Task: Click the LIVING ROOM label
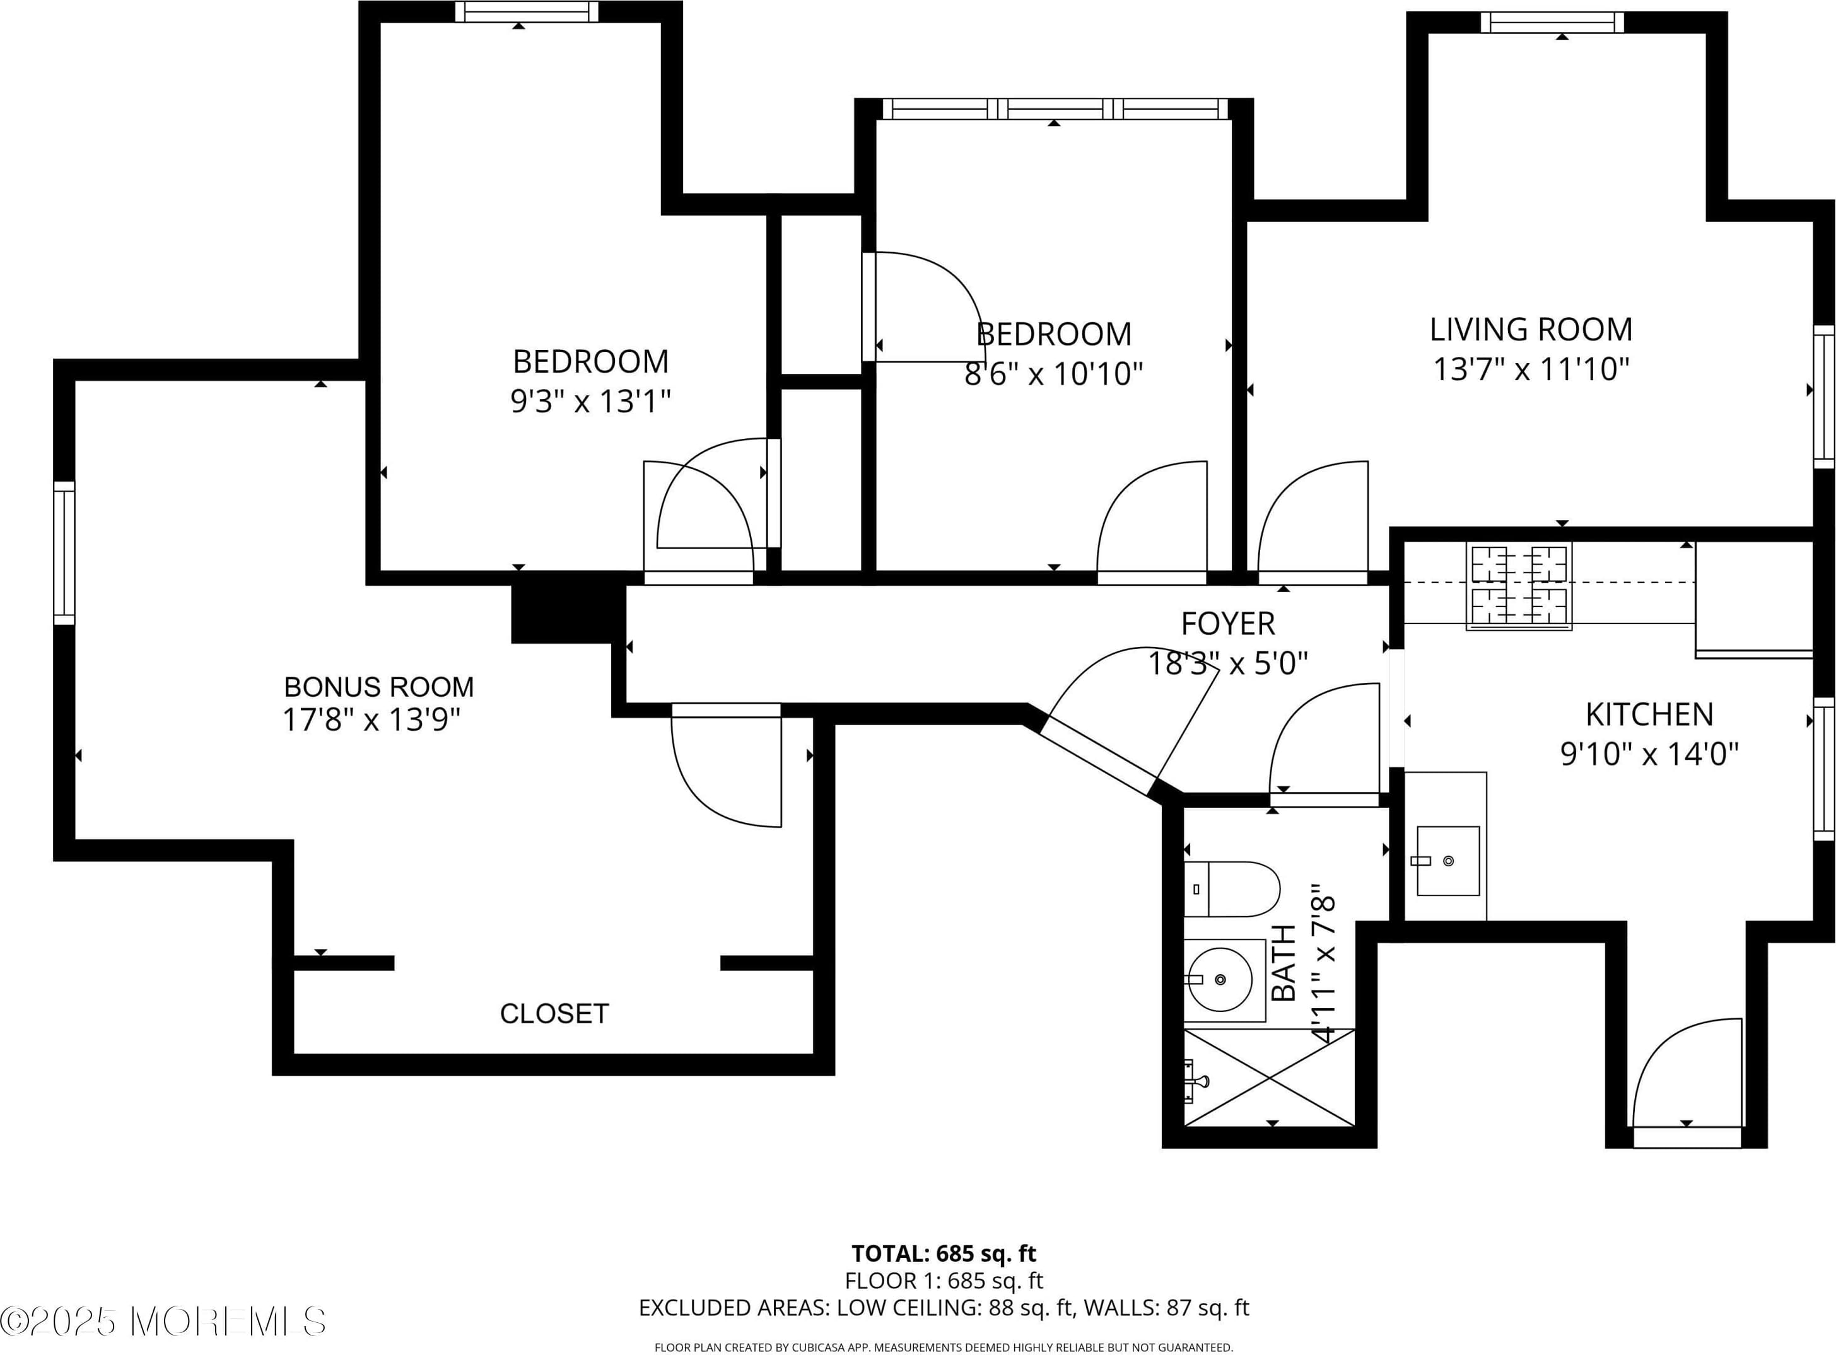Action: tap(1531, 330)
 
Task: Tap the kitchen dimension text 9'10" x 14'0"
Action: tap(1649, 753)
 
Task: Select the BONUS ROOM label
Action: tap(379, 687)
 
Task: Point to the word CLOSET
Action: tap(554, 1014)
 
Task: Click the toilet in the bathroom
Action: tap(1231, 889)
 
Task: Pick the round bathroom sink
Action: tap(1220, 979)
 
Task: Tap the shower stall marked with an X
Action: tap(1269, 1078)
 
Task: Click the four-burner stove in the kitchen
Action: tap(1519, 586)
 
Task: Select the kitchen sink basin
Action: tap(1448, 861)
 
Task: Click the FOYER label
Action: tap(1228, 624)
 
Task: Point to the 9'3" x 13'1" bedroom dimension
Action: tap(591, 401)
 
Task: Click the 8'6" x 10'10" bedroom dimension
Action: tap(1053, 374)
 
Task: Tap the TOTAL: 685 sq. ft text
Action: tap(944, 1253)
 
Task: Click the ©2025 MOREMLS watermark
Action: tap(163, 1320)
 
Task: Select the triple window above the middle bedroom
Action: tap(1055, 109)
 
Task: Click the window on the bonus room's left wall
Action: tap(64, 553)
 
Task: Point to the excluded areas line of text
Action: tap(944, 1308)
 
